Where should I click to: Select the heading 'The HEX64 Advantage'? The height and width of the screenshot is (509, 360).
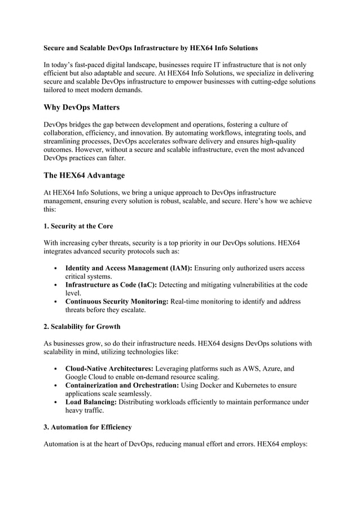84,175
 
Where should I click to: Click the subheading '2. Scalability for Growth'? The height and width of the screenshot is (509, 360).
82,327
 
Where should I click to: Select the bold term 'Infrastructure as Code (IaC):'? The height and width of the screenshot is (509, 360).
111,285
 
